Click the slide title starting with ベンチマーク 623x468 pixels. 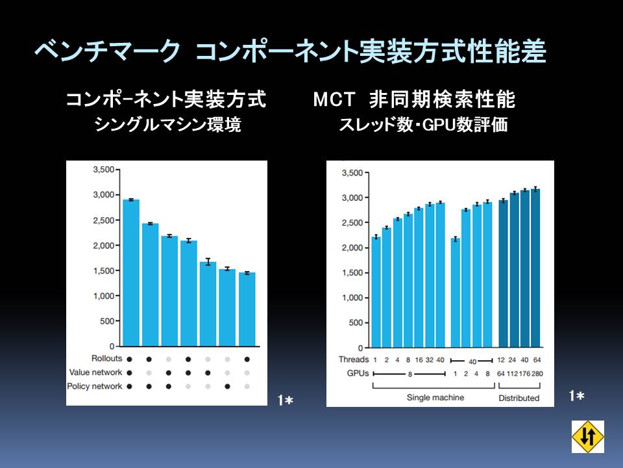(289, 53)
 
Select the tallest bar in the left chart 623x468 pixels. (131, 272)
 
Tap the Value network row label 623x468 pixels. (96, 372)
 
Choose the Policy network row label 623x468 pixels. (95, 386)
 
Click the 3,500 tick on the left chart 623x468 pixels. (104, 170)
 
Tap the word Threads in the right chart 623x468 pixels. (353, 359)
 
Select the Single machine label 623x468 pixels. (435, 397)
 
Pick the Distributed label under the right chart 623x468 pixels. (519, 397)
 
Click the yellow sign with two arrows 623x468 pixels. (588, 436)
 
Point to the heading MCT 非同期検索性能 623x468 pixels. (414, 99)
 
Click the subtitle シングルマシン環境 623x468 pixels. (167, 125)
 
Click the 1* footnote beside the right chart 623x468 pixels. (576, 395)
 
